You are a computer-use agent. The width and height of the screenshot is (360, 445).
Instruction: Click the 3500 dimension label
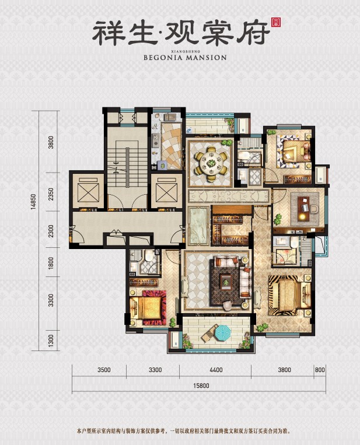pos(103,370)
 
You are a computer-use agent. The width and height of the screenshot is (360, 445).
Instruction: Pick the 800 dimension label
pos(319,370)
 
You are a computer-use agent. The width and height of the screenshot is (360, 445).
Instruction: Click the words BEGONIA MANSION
pos(184,58)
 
